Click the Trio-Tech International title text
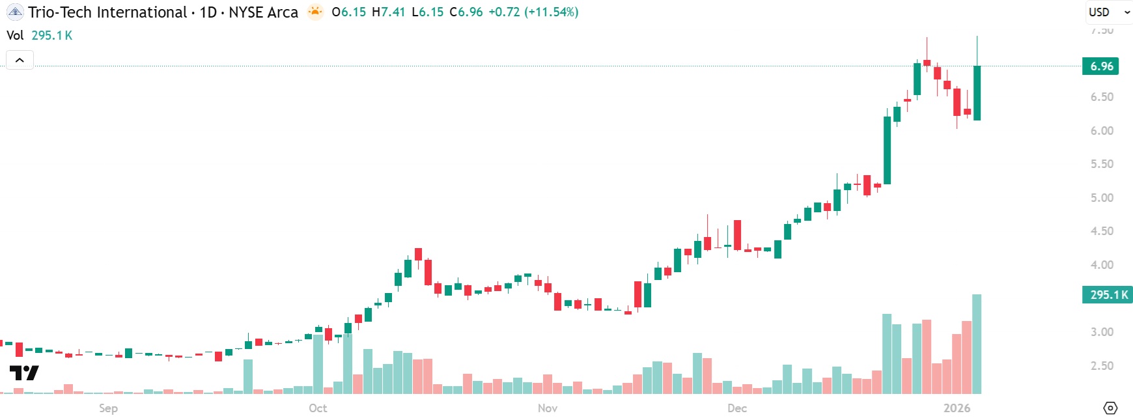tap(107, 12)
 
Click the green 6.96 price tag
tap(1100, 66)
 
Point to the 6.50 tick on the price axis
tap(1102, 97)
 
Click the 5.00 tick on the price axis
tap(1102, 198)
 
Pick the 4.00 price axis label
tap(1102, 265)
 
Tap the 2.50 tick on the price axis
tap(1102, 366)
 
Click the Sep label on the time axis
tap(108, 408)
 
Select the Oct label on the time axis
tap(318, 408)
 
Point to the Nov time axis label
tap(548, 408)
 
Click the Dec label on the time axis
tap(737, 408)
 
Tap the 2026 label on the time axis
tap(957, 408)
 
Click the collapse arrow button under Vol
tap(20, 61)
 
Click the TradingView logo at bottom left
tap(24, 373)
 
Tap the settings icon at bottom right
tap(1110, 408)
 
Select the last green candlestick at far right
tap(977, 92)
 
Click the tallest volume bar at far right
tap(977, 344)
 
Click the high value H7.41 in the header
tap(388, 12)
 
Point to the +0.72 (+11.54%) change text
tap(533, 12)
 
